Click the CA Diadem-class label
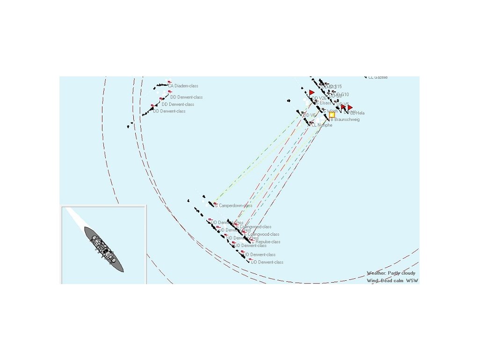click(183, 86)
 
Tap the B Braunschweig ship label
click(345, 120)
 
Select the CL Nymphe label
click(322, 125)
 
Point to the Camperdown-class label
click(235, 206)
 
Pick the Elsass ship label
click(323, 103)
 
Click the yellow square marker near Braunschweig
click(332, 114)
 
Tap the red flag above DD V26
click(312, 93)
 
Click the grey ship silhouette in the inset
click(104, 249)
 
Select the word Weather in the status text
click(376, 273)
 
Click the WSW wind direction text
click(412, 281)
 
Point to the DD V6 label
click(309, 115)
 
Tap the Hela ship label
click(359, 113)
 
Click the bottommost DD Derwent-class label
click(267, 262)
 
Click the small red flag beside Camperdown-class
click(215, 203)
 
